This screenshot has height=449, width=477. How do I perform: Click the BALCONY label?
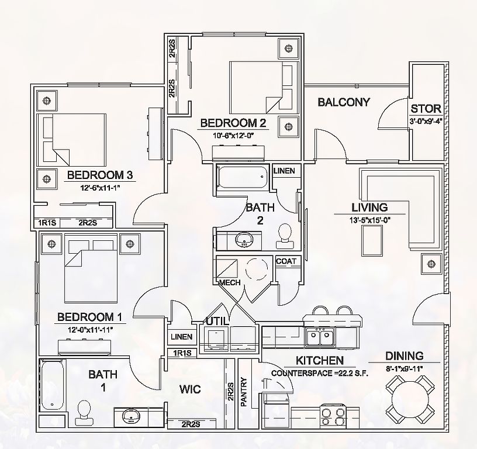[x=344, y=102]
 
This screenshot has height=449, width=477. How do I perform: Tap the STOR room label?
[x=426, y=109]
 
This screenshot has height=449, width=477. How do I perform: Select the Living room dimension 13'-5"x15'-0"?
[x=370, y=220]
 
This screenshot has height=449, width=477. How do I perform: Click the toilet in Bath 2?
[x=285, y=236]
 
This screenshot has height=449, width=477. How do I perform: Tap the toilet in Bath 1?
[x=84, y=413]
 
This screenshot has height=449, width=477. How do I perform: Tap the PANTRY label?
[x=244, y=392]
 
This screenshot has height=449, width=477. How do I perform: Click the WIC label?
[x=190, y=389]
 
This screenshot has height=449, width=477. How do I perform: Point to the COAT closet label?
[x=286, y=261]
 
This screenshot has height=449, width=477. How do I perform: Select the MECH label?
[x=230, y=282]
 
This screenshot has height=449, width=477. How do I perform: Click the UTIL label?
[x=217, y=321]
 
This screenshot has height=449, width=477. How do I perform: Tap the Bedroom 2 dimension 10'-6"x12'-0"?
[x=233, y=136]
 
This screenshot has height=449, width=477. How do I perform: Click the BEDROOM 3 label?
[x=100, y=175]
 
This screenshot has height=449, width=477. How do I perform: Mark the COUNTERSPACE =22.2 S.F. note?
[x=320, y=373]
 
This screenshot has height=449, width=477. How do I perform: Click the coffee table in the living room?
[x=372, y=241]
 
